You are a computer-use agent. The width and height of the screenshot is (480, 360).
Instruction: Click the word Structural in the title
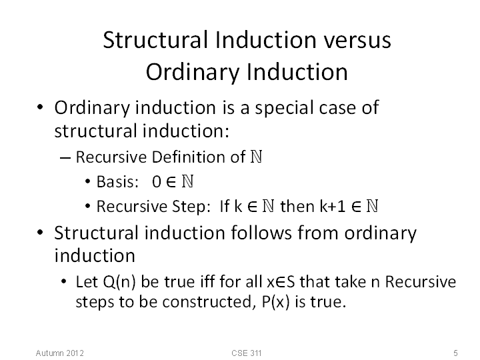155,40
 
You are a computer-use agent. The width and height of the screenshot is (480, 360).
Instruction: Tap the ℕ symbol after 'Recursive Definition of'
257,157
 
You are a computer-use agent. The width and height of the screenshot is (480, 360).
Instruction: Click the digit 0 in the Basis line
157,182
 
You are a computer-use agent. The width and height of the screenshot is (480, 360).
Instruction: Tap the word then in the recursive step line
297,206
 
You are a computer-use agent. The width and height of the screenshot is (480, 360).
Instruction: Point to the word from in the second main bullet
318,233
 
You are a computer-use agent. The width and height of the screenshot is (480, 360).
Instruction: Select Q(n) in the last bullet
119,282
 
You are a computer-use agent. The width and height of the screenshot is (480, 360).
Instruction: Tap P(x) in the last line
275,302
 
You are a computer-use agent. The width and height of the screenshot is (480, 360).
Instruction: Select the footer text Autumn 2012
60,353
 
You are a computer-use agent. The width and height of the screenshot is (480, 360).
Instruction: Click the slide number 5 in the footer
455,353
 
